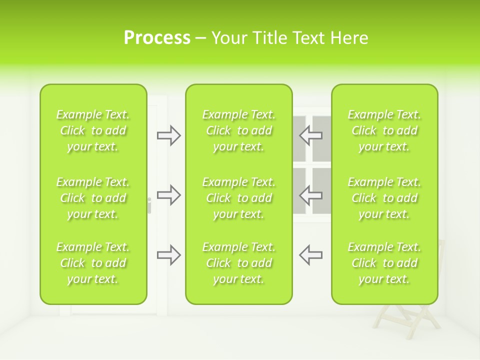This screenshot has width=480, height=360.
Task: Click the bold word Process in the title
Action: [157, 38]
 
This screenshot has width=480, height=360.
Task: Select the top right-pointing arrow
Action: [169, 135]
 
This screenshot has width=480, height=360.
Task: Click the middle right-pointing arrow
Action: [169, 195]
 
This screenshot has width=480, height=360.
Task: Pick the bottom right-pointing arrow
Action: [169, 255]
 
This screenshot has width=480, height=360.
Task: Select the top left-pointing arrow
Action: [310, 135]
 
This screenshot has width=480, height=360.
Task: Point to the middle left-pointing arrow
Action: [310, 195]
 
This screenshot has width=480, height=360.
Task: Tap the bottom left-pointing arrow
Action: [310, 255]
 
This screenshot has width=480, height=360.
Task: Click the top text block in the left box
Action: [93, 130]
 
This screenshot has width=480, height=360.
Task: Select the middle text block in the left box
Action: [93, 198]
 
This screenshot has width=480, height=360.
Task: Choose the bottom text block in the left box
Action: [93, 263]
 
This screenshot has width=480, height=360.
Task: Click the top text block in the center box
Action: [238, 130]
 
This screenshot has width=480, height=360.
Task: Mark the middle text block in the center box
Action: [238, 198]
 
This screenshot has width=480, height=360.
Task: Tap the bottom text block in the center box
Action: [238, 263]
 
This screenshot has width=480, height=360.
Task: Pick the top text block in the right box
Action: [384, 130]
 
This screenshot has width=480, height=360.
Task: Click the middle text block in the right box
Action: [384, 198]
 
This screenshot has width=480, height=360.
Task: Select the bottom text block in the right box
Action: [384, 263]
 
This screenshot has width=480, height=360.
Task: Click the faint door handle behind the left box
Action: [149, 205]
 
